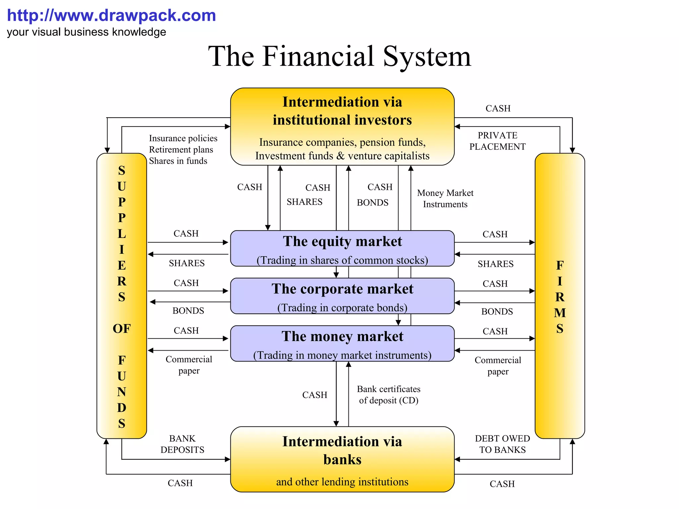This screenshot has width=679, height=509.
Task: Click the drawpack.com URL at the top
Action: (111, 16)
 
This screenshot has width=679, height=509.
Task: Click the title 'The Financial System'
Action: (339, 56)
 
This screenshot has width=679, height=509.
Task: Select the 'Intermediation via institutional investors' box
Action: (342, 126)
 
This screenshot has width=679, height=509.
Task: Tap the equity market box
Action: (342, 248)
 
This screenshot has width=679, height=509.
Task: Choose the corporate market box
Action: (342, 296)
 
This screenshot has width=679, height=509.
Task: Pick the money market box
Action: (342, 343)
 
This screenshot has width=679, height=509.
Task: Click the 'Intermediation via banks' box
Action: (342, 459)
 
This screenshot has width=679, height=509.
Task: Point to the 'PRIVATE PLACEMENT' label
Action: (497, 141)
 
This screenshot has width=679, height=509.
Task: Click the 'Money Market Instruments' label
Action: (445, 198)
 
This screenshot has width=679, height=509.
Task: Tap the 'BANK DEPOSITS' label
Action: (182, 444)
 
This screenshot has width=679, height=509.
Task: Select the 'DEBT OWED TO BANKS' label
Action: (502, 444)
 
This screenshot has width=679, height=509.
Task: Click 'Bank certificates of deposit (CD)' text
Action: (389, 395)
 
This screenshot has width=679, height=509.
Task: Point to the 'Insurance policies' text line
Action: (183, 138)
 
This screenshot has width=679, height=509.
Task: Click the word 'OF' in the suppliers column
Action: (122, 329)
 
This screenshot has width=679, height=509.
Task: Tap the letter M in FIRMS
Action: (560, 313)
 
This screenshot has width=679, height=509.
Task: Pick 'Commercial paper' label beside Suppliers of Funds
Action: (189, 365)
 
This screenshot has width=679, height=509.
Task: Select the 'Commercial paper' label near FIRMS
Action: (498, 366)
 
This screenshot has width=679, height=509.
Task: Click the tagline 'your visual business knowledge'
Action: (87, 32)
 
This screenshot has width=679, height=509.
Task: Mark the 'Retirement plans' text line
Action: (181, 149)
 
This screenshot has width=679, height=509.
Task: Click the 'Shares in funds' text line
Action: (178, 161)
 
